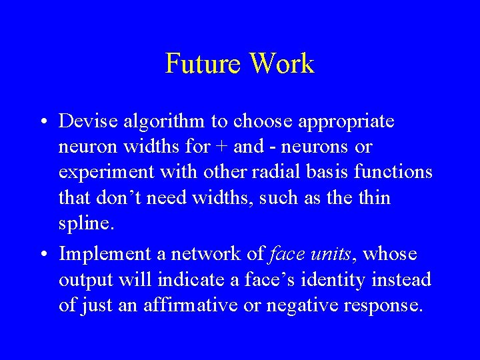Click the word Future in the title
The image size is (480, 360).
coord(203,64)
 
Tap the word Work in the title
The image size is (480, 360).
coord(282,64)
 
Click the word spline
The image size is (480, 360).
coord(87,224)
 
